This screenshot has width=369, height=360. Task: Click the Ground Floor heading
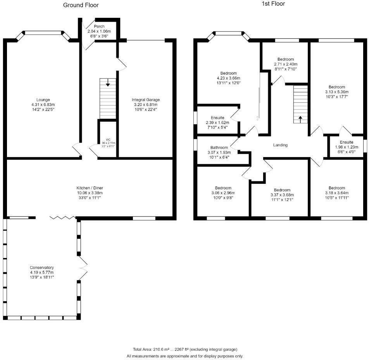(x=81, y=5)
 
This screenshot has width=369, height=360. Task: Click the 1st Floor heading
(x=273, y=4)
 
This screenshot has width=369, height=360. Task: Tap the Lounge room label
(x=43, y=100)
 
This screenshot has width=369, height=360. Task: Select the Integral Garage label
(x=145, y=100)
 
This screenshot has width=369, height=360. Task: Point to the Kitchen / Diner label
(x=90, y=188)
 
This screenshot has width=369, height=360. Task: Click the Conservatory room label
(x=42, y=268)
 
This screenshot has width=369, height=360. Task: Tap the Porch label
(x=94, y=26)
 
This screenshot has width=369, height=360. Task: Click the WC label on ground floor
(x=108, y=139)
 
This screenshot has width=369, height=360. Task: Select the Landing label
(x=280, y=145)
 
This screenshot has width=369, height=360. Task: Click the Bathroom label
(x=219, y=148)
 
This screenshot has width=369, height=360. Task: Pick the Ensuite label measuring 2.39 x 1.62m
(x=217, y=118)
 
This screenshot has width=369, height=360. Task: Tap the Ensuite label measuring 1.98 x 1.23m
(x=347, y=142)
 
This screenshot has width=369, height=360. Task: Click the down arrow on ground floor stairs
(x=108, y=83)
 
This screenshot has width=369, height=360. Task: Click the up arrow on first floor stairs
(x=300, y=118)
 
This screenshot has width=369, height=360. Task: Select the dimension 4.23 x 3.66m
(x=228, y=78)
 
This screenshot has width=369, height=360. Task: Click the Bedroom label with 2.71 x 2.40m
(x=286, y=59)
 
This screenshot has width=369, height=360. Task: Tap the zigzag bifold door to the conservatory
(x=62, y=218)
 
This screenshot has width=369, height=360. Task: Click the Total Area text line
(x=185, y=349)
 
